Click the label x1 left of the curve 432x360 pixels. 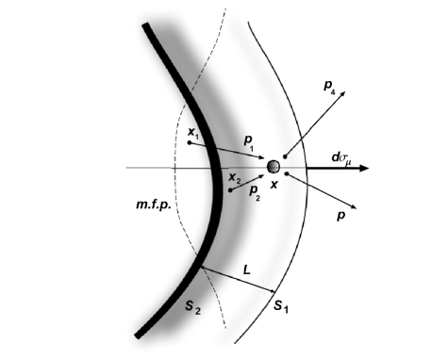pyautogui.click(x=192, y=133)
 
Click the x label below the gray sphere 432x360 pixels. pyautogui.click(x=274, y=185)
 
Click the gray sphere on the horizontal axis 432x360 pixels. pyautogui.click(x=274, y=166)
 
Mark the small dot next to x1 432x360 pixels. pyautogui.click(x=190, y=143)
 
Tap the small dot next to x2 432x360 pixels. pyautogui.click(x=230, y=189)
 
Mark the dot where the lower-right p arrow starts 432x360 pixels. pyautogui.click(x=284, y=175)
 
